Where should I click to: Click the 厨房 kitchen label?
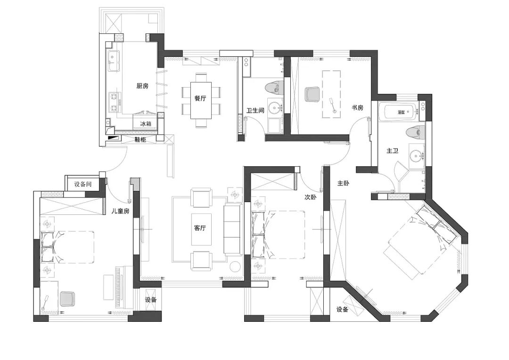pos(142,86)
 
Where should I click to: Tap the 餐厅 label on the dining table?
pos(200,98)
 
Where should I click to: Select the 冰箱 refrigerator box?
pos(146,124)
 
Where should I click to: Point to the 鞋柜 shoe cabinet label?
pos(140,139)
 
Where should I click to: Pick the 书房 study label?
pos(357,107)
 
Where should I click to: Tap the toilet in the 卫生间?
pos(273,87)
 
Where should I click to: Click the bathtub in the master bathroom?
pos(400,112)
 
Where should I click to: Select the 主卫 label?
pos(393,151)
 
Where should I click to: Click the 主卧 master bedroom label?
pos(343,183)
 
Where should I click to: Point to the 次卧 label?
pos(310,198)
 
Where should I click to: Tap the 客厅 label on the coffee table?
pos(200,228)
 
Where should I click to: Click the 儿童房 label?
pos(120,211)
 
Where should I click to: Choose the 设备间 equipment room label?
pos(82,184)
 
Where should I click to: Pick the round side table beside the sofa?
pos(235,267)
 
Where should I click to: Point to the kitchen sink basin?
pos(113,59)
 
